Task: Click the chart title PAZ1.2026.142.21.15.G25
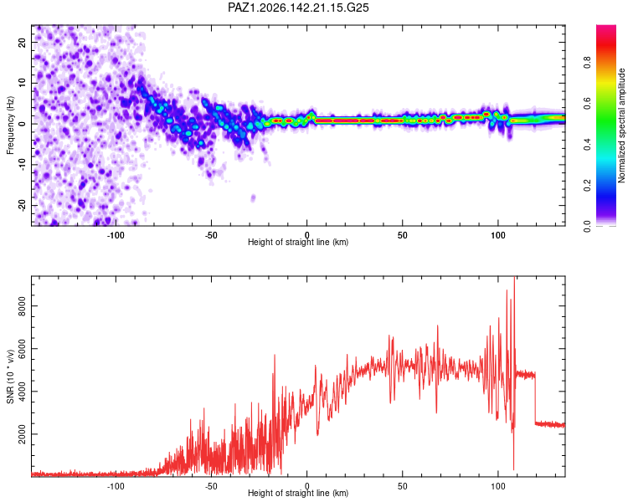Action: [x=298, y=8]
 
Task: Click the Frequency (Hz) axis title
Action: [x=10, y=125]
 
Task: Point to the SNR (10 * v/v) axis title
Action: [x=10, y=376]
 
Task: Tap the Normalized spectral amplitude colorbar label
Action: [x=621, y=125]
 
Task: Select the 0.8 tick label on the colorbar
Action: [x=587, y=62]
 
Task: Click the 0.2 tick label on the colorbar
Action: [x=587, y=185]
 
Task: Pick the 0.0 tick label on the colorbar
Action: [x=587, y=226]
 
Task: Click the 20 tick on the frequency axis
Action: [x=22, y=42]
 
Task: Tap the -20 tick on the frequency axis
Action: [x=22, y=205]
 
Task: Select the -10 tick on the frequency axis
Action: [x=22, y=165]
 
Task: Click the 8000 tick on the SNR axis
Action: [x=22, y=306]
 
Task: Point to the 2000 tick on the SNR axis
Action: [x=22, y=434]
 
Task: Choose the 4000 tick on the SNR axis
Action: [x=22, y=391]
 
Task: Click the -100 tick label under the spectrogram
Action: [x=116, y=235]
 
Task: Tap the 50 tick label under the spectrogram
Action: [x=403, y=235]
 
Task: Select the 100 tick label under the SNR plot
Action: [x=498, y=486]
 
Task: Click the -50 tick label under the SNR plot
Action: [x=211, y=486]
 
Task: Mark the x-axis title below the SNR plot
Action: [x=298, y=493]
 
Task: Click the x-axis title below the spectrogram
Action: [x=298, y=243]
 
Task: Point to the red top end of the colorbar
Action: [x=606, y=27]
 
